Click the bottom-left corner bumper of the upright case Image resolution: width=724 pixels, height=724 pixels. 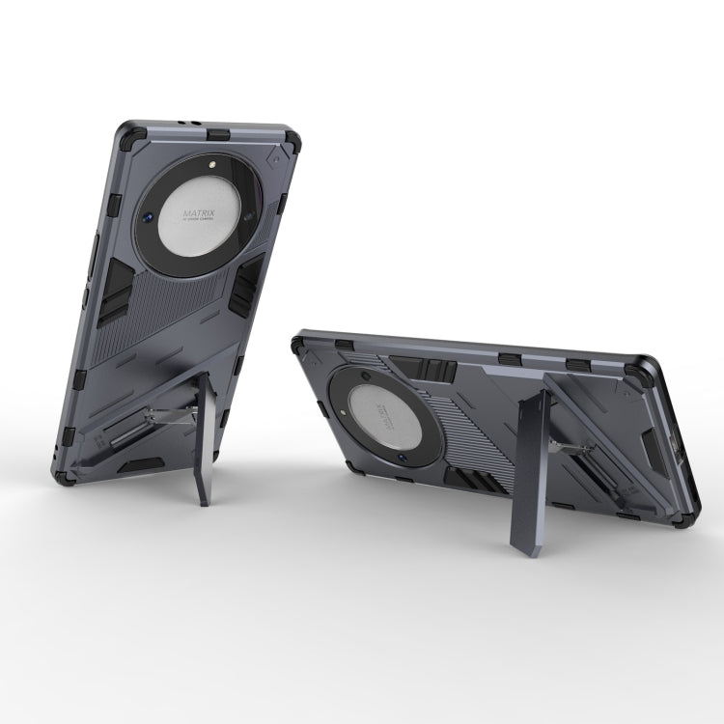click(65, 474)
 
